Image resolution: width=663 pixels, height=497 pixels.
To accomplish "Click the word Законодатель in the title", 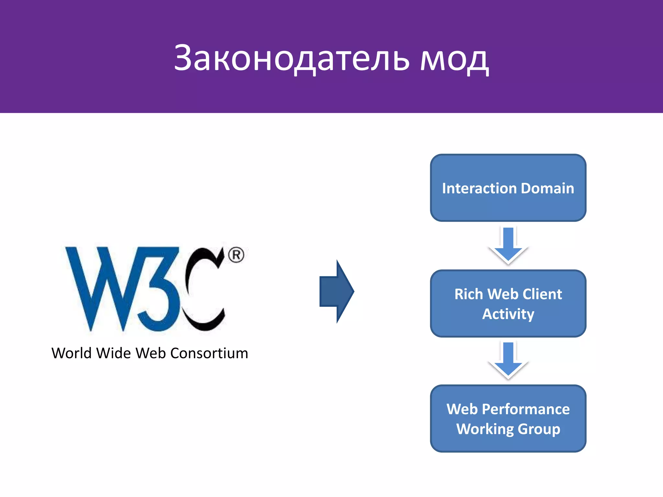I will (291, 58).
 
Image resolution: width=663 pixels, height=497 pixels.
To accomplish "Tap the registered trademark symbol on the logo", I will (236, 255).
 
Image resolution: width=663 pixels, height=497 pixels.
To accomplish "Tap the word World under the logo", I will (71, 353).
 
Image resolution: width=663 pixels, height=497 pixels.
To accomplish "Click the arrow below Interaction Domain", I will (508, 245).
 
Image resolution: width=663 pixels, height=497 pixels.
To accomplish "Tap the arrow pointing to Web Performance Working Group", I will (508, 360).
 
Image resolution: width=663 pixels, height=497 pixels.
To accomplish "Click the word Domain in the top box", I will (547, 188).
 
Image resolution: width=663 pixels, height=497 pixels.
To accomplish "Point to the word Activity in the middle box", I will (508, 314).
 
